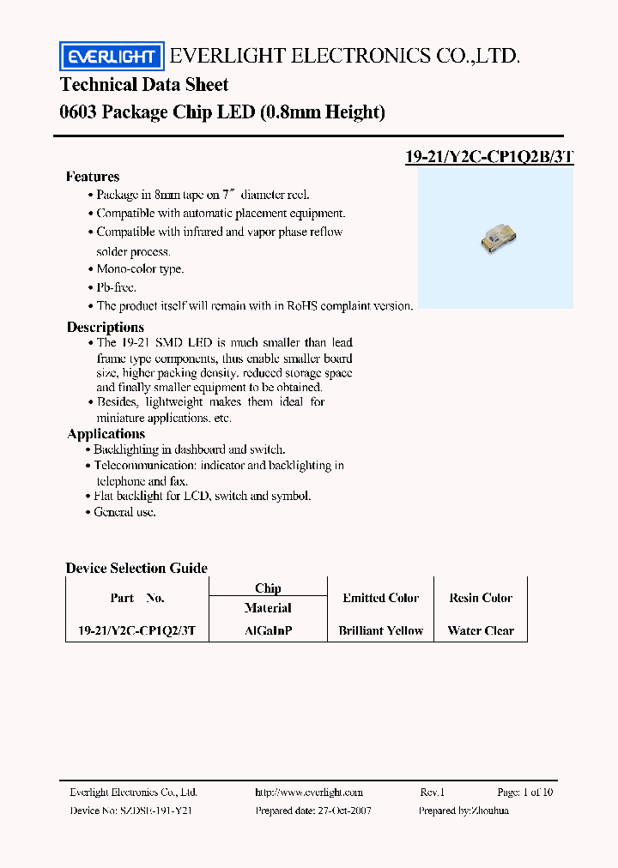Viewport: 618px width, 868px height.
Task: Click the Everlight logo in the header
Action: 110,57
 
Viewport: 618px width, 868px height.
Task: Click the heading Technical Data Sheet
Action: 144,85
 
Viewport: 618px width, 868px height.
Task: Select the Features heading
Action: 93,177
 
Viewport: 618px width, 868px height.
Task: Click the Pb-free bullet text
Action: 116,287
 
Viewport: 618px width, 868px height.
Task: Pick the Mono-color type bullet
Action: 140,268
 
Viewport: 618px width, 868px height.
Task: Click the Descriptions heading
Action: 106,327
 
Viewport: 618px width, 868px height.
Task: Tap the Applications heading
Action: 106,434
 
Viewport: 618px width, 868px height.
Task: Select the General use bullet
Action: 125,512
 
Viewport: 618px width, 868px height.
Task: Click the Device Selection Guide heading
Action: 136,568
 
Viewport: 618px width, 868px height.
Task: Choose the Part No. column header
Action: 137,598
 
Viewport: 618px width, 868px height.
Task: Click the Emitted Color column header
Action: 381,598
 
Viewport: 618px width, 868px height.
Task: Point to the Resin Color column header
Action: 481,598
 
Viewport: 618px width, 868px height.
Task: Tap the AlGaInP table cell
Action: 268,630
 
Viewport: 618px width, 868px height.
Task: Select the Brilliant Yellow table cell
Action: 381,630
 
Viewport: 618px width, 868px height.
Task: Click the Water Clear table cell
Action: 481,630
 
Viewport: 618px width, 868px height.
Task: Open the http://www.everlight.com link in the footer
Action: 309,793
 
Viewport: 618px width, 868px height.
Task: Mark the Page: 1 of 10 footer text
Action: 524,793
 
